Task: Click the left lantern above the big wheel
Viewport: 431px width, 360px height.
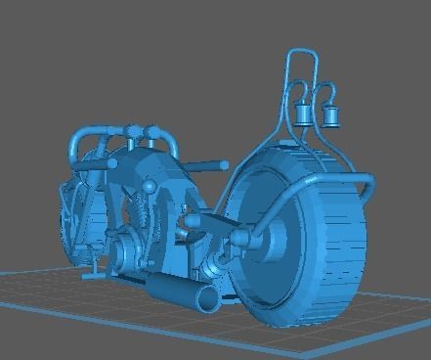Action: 304,115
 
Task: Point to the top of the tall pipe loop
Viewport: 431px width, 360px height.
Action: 301,50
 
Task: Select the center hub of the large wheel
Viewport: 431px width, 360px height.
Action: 273,235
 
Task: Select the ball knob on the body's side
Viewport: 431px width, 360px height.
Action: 149,185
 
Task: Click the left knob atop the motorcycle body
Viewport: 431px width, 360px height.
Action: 132,132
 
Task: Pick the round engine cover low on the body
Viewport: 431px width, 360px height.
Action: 124,248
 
